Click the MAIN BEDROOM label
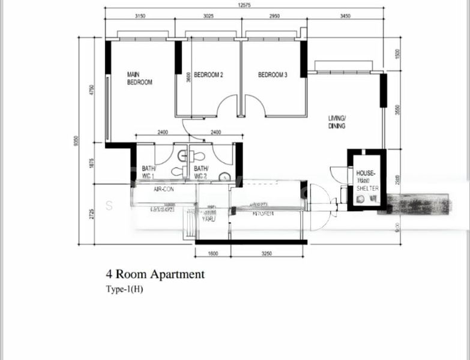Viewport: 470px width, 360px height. click(139, 78)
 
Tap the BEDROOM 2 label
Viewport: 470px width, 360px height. click(209, 75)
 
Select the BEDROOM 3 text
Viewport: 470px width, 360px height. click(273, 75)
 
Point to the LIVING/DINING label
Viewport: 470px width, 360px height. click(337, 122)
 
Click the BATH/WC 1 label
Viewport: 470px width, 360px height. click(148, 173)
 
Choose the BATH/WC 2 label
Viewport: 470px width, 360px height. click(200, 173)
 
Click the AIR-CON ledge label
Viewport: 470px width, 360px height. click(163, 189)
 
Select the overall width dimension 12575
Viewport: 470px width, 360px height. click(243, 5)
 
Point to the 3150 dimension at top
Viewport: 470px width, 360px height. click(140, 16)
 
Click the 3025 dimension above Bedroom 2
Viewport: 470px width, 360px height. click(208, 16)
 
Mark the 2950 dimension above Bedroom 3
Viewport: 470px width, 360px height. click(273, 16)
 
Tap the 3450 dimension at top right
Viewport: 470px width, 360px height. click(345, 16)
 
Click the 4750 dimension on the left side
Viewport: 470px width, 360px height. click(92, 91)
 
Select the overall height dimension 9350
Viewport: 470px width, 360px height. click(75, 141)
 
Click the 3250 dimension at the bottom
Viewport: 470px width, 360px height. click(267, 254)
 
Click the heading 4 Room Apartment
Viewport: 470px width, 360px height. click(155, 275)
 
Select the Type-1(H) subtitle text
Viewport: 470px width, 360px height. click(124, 289)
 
